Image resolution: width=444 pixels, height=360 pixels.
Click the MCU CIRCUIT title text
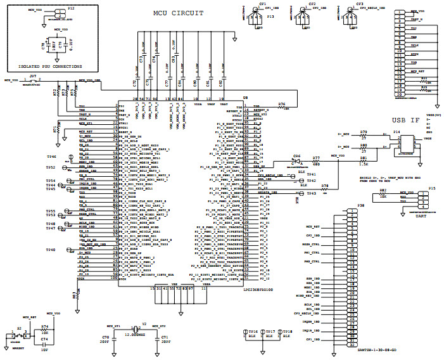click(179, 13)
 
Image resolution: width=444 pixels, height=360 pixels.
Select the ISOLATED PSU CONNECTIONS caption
click(50, 67)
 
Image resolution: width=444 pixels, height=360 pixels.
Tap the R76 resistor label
click(282, 104)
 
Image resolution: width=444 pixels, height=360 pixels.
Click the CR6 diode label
click(296, 155)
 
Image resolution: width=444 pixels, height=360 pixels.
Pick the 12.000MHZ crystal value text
click(135, 333)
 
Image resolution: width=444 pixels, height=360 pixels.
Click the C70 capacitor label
click(106, 337)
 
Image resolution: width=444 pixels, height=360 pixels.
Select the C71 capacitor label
click(165, 337)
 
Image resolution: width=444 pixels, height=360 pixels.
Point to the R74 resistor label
click(44, 327)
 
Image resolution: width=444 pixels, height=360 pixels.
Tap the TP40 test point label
click(51, 250)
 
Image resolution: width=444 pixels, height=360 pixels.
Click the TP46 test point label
click(51, 155)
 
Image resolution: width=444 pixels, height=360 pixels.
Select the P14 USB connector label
click(396, 132)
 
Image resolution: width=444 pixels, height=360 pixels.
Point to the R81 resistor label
click(364, 158)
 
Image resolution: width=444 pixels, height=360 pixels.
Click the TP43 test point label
click(311, 193)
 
